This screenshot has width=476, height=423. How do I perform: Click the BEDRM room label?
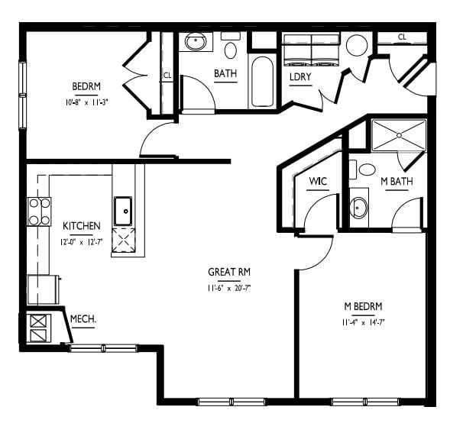click(86, 86)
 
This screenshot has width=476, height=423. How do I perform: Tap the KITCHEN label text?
click(81, 226)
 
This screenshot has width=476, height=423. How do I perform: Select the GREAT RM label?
click(229, 272)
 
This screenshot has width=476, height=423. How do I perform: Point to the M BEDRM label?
click(363, 306)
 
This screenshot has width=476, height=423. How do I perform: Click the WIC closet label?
click(318, 182)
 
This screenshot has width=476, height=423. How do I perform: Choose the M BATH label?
click(397, 182)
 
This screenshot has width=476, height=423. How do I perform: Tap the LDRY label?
click(300, 77)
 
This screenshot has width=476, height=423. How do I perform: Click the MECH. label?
click(83, 319)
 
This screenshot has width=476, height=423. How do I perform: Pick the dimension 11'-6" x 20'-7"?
click(229, 288)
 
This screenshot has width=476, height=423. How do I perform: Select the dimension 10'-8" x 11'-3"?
click(87, 102)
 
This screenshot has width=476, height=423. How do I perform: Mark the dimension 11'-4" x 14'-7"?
click(364, 322)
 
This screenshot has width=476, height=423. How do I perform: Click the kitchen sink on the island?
click(123, 211)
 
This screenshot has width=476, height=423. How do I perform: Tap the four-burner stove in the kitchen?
click(39, 211)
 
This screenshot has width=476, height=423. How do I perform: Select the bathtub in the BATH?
click(263, 82)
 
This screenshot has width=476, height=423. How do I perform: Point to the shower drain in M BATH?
click(399, 135)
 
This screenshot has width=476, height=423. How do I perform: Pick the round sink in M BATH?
click(359, 208)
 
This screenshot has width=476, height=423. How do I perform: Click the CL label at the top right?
click(402, 37)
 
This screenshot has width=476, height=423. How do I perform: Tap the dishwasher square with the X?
click(124, 241)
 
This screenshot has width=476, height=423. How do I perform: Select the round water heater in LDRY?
click(357, 46)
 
